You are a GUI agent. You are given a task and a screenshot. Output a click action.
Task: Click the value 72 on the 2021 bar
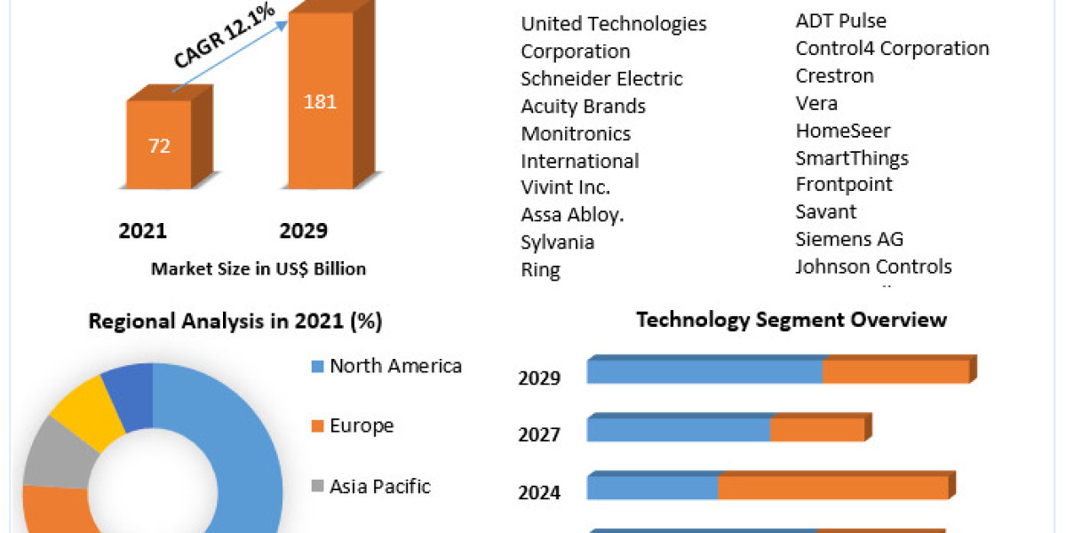coord(159,147)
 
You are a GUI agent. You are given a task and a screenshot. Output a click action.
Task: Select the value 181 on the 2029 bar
coord(320,101)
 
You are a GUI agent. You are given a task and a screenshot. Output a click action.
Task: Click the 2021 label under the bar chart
coord(143,231)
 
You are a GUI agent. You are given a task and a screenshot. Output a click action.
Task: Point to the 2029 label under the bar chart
coord(304,231)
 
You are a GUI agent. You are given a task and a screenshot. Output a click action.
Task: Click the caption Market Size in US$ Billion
coord(259,268)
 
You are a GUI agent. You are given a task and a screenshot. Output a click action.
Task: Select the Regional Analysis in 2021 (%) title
coord(235,322)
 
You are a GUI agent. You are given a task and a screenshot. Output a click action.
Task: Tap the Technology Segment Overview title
coord(792,320)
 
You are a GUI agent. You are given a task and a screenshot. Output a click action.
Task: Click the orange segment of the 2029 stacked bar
coord(895,371)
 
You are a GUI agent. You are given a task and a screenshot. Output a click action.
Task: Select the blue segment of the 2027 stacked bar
coord(678,429)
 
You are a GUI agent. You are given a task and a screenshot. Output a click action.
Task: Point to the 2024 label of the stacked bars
coord(539,491)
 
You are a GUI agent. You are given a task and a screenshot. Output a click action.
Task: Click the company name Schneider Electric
coord(601,78)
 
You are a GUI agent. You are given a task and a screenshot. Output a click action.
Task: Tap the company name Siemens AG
coord(849,239)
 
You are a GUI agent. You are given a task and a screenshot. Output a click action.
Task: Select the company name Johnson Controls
coord(873,266)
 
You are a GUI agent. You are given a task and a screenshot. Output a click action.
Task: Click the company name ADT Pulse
coord(840,20)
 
